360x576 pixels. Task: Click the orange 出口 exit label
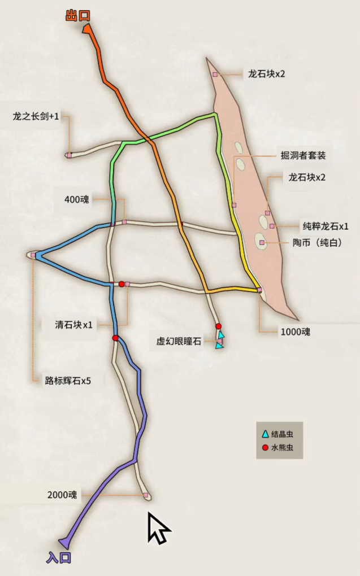coord(77,15)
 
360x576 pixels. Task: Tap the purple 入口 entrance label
coord(58,558)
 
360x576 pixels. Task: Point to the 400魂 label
coord(77,199)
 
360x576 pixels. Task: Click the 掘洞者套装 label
coord(303,155)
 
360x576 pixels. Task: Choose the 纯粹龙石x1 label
coord(326,226)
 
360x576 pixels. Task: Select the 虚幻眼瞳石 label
coord(179,341)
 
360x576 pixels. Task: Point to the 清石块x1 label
coord(73,325)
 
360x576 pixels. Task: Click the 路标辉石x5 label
coord(68,381)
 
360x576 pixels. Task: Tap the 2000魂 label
coord(62,495)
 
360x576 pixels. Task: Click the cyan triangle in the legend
coord(264,434)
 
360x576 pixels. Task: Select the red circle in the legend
coord(264,448)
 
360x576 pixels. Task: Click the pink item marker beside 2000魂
coord(146,495)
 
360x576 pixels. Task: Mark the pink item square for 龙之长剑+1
coord(69,155)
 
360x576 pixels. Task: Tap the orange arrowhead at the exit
coord(88,29)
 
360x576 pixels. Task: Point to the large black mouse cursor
coord(158,528)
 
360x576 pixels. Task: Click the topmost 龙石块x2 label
coord(266,74)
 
